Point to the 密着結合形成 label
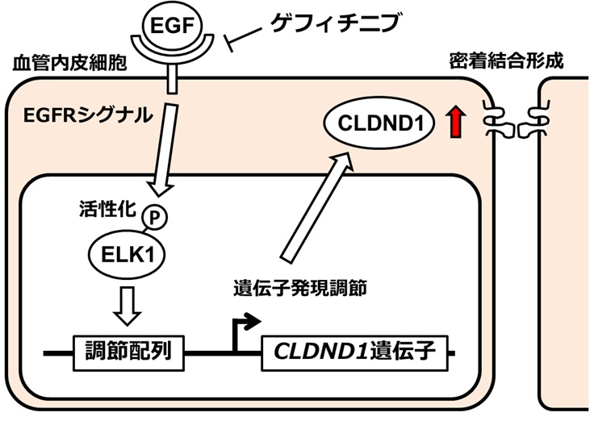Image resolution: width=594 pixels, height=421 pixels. tap(505, 60)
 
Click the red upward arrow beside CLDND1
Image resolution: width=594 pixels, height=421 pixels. tap(458, 123)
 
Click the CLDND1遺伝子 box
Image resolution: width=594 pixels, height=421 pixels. tap(354, 352)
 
